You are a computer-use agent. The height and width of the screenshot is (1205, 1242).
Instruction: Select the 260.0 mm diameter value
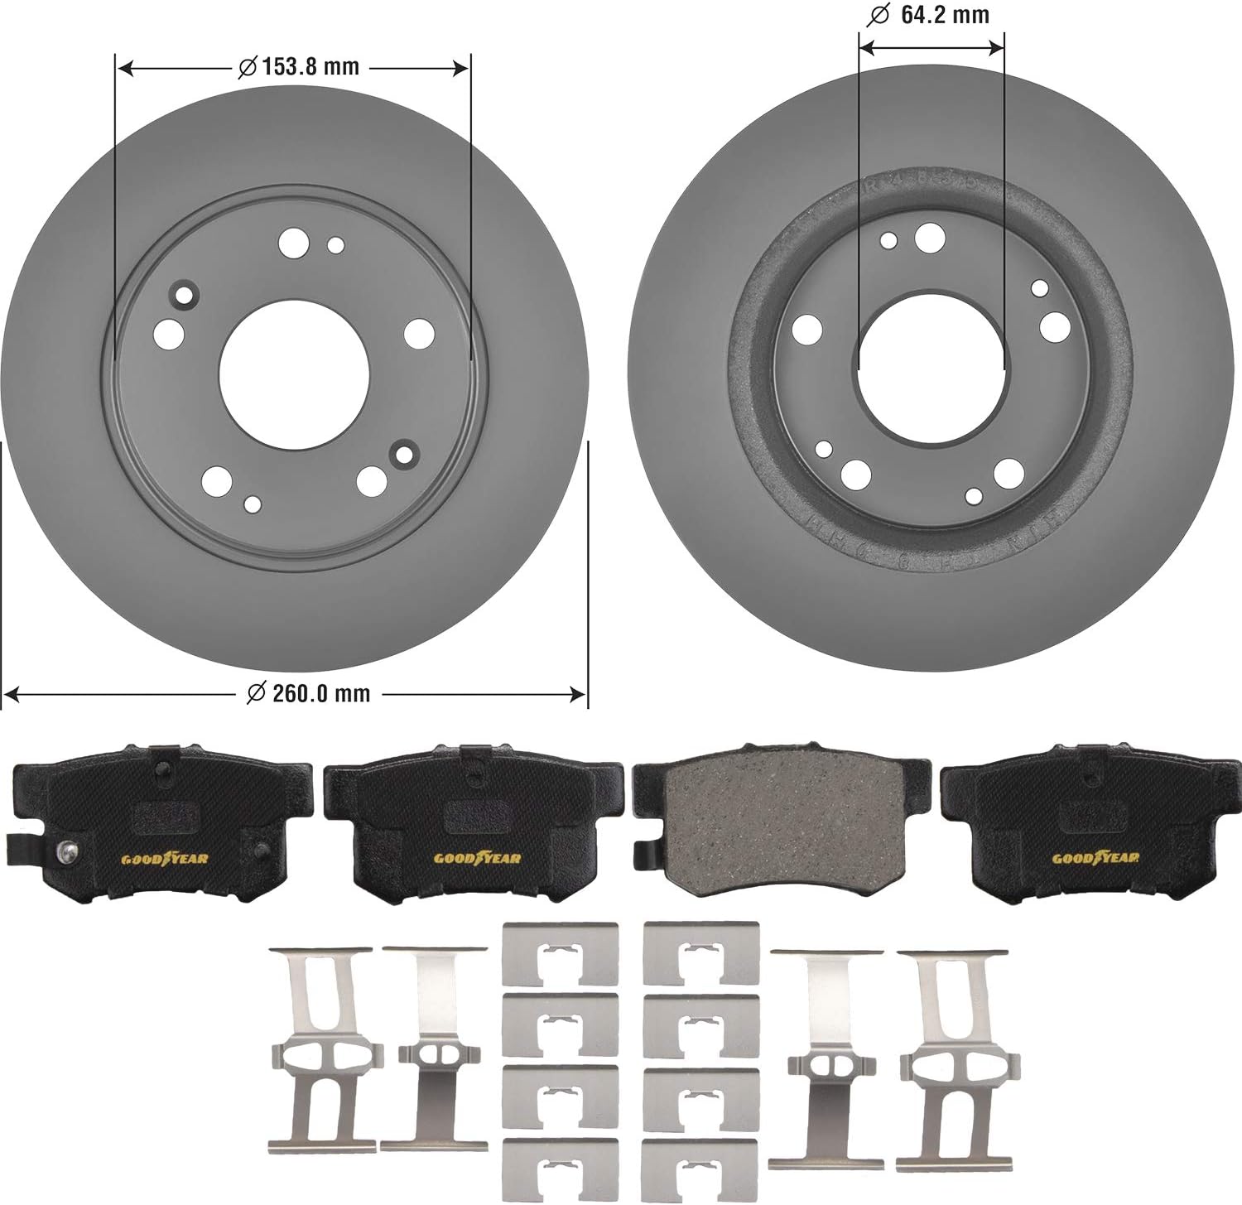point(320,692)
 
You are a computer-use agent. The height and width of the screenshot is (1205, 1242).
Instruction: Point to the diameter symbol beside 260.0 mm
point(257,692)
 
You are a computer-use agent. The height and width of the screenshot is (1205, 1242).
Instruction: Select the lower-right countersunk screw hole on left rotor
point(405,454)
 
